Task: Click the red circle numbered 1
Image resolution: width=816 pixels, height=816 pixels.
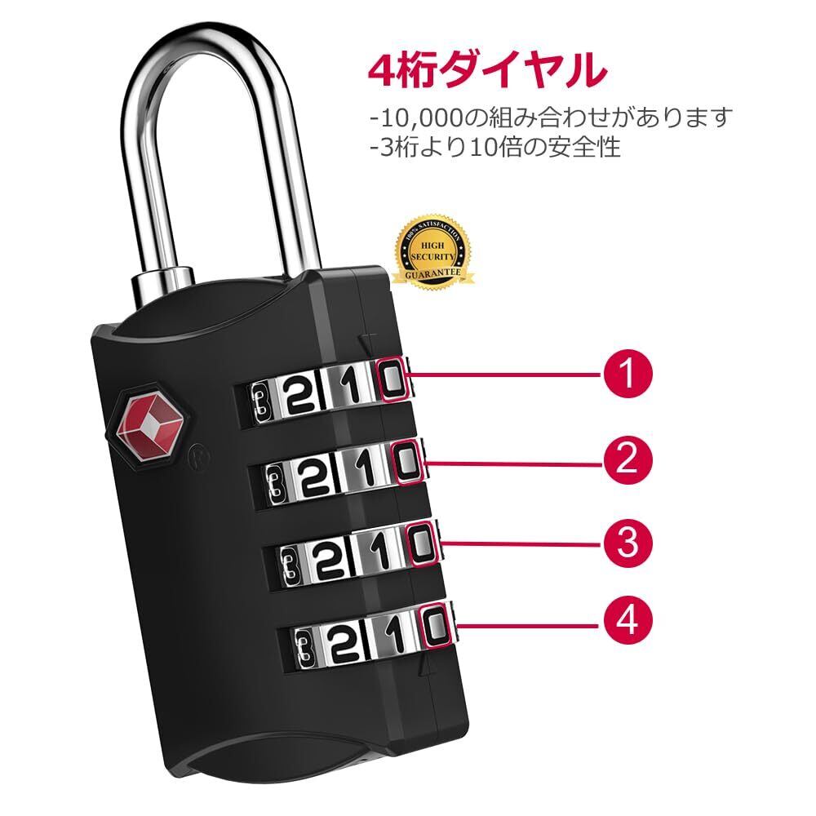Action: point(628,375)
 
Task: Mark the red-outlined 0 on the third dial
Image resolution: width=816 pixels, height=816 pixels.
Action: point(419,544)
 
